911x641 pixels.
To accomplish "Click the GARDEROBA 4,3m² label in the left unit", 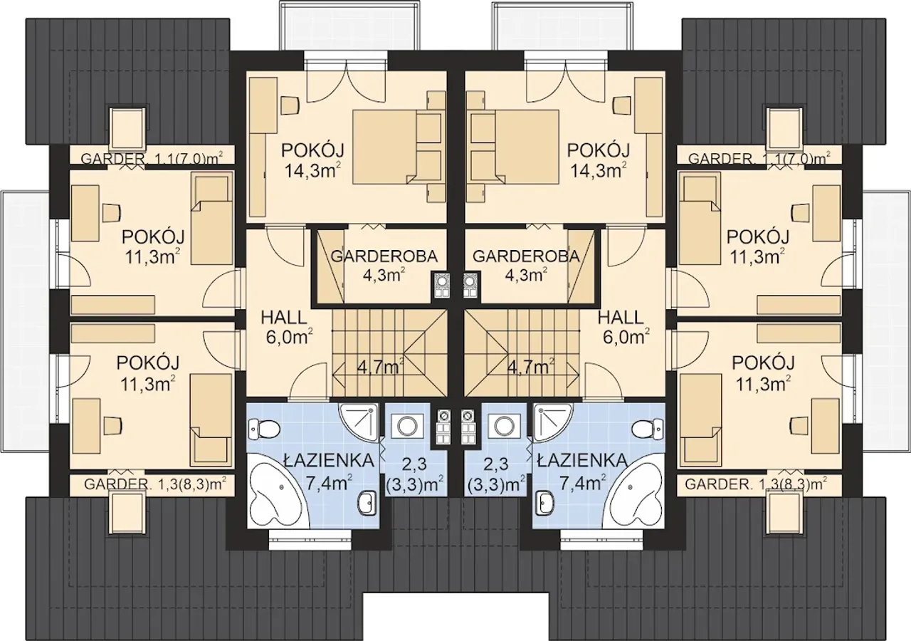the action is click(384, 266).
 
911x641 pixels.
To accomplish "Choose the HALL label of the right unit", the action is click(621, 317).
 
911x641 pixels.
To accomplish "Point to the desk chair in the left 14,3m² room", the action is click(290, 106).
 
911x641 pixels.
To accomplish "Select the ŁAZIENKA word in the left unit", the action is click(329, 460).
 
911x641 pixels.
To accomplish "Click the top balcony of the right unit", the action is click(564, 26).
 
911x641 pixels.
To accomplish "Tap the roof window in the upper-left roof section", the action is click(127, 127).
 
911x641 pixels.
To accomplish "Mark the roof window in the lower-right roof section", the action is click(784, 511).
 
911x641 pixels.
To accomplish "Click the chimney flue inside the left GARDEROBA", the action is click(441, 286).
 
